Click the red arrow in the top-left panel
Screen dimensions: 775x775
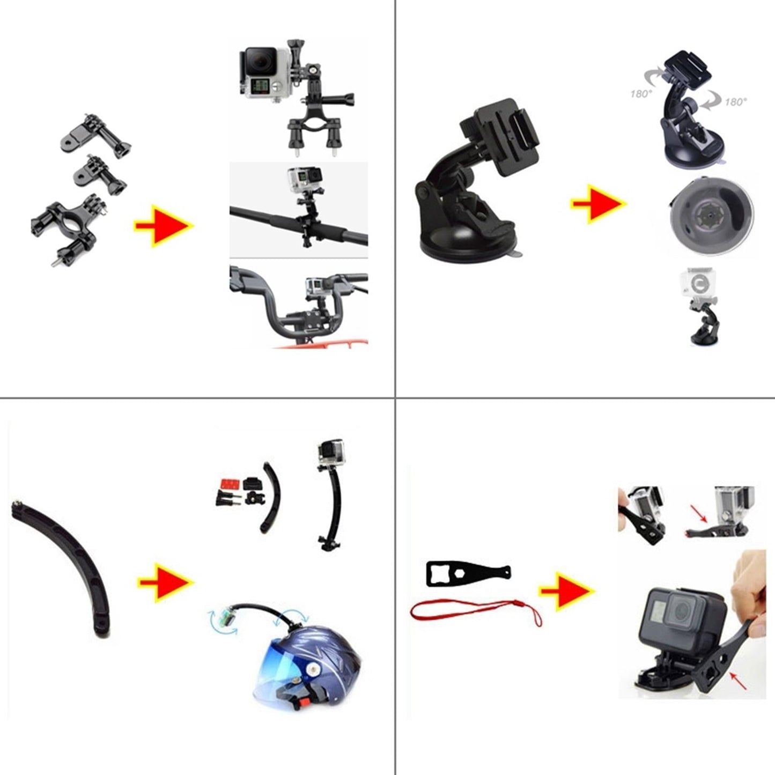[x=164, y=226]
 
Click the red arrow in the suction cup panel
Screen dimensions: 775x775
[x=599, y=204]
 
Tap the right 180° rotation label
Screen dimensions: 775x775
[x=736, y=101]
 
